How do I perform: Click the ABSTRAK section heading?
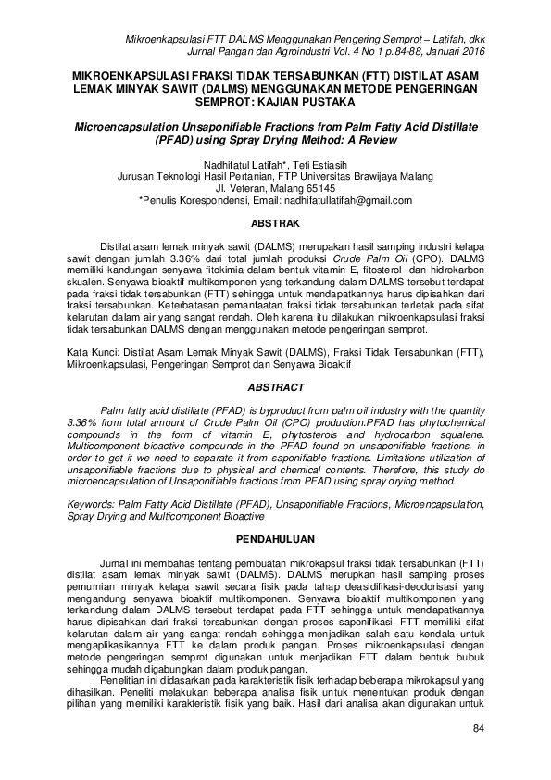[x=276, y=223]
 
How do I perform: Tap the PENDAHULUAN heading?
[x=276, y=537]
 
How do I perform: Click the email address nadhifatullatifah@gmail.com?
[x=351, y=199]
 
